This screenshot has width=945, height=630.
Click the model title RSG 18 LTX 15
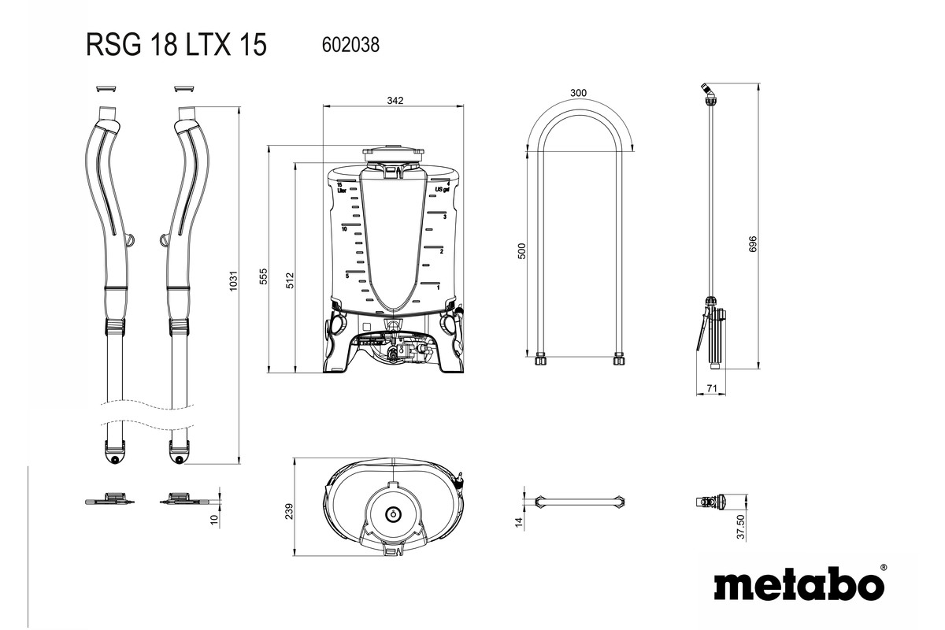click(x=176, y=46)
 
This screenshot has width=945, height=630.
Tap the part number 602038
click(x=350, y=46)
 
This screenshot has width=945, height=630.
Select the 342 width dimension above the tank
click(x=395, y=101)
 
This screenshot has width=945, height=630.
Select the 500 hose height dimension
click(x=521, y=251)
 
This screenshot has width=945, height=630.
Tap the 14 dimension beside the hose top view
click(x=519, y=521)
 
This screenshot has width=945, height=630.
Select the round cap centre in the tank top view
click(x=391, y=513)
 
